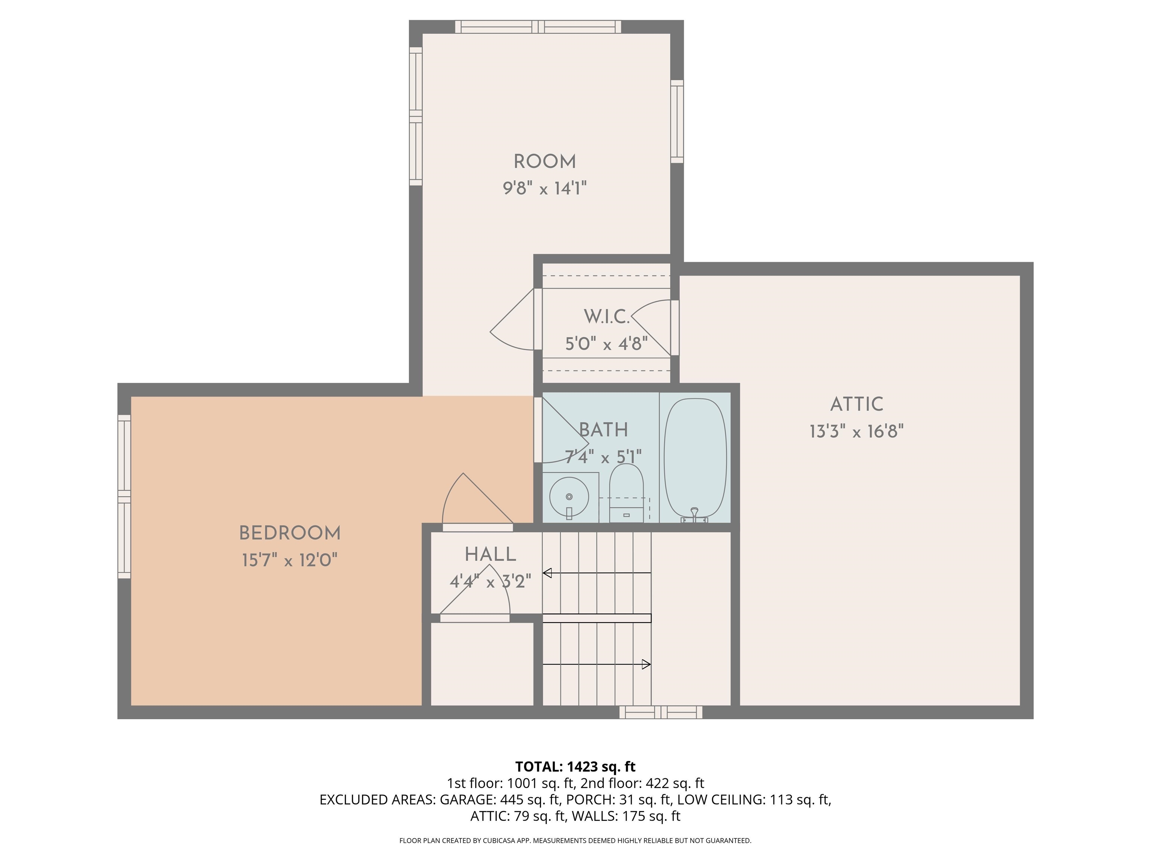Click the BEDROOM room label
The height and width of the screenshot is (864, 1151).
[290, 533]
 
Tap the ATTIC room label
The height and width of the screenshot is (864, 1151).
[857, 404]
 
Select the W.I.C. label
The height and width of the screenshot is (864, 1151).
[607, 316]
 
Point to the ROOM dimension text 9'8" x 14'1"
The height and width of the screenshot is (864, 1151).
[544, 188]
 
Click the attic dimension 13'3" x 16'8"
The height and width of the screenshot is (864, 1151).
[857, 432]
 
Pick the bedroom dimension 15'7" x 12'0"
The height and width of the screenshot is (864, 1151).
[290, 560]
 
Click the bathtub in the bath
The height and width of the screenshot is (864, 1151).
[695, 458]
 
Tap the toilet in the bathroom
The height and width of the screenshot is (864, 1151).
[626, 493]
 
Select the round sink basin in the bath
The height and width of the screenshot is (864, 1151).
[569, 497]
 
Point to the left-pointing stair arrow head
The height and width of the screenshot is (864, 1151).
[547, 573]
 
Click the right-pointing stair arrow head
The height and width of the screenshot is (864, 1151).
[646, 664]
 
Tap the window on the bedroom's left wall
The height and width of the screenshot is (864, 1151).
[124, 496]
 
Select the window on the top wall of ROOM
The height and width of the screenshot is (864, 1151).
[538, 27]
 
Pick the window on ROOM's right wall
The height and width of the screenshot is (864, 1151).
[677, 121]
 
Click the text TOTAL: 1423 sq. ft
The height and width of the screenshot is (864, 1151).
[575, 766]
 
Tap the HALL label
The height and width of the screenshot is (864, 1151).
[490, 554]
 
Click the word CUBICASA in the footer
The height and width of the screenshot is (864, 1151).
[501, 841]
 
